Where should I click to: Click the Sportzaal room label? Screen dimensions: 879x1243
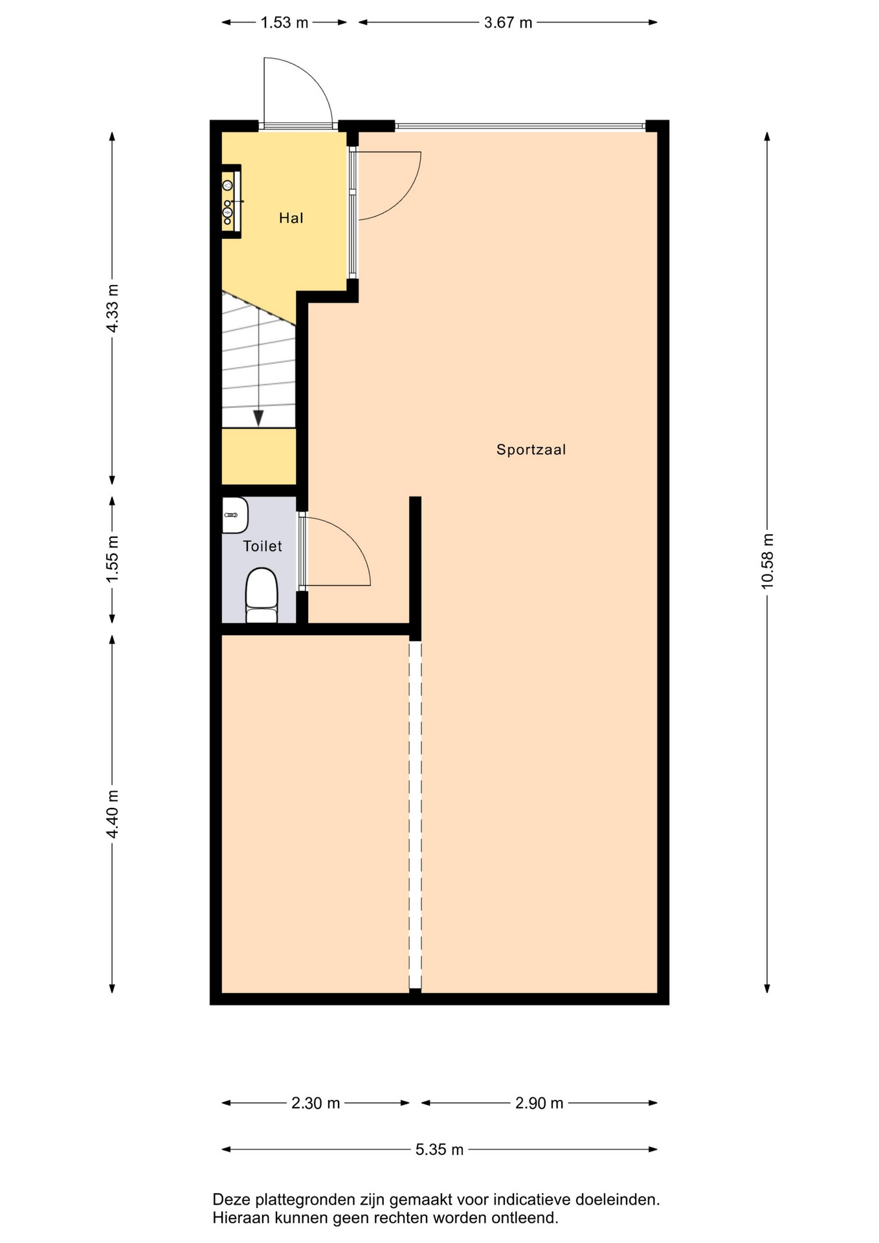point(531,449)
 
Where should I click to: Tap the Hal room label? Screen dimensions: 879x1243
point(291,218)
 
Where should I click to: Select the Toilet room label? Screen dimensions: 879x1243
point(262,546)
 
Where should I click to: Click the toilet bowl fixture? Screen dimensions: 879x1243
point(261,595)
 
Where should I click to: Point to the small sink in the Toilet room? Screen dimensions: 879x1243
point(234,515)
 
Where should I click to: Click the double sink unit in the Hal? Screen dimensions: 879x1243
point(230,202)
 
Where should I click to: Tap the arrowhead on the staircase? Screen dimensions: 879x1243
point(258,418)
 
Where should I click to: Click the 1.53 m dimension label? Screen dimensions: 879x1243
point(284,23)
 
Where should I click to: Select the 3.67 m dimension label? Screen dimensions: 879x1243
point(508,23)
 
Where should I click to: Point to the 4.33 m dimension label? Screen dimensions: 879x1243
point(113,308)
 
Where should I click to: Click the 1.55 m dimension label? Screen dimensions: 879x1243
point(113,558)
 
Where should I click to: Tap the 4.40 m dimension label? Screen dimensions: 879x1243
point(113,814)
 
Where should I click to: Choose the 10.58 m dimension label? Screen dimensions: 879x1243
point(768,561)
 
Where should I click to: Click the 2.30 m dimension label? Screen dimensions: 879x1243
point(315,1103)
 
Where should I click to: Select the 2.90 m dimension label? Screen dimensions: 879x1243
point(539,1103)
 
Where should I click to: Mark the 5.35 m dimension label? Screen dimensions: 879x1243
point(439,1150)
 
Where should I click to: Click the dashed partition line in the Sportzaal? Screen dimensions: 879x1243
point(415,814)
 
